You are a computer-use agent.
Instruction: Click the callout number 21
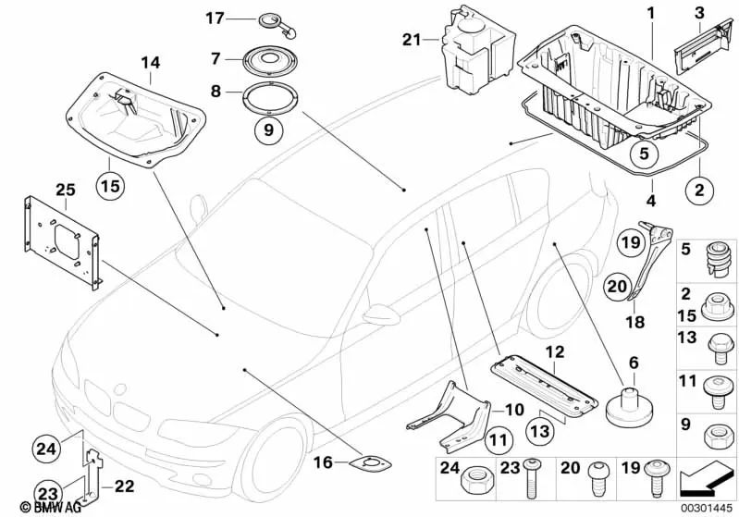[412, 39]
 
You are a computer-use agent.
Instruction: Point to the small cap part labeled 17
[273, 20]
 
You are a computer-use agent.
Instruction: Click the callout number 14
[150, 63]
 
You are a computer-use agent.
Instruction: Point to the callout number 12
[553, 351]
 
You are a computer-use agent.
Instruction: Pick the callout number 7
[215, 58]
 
